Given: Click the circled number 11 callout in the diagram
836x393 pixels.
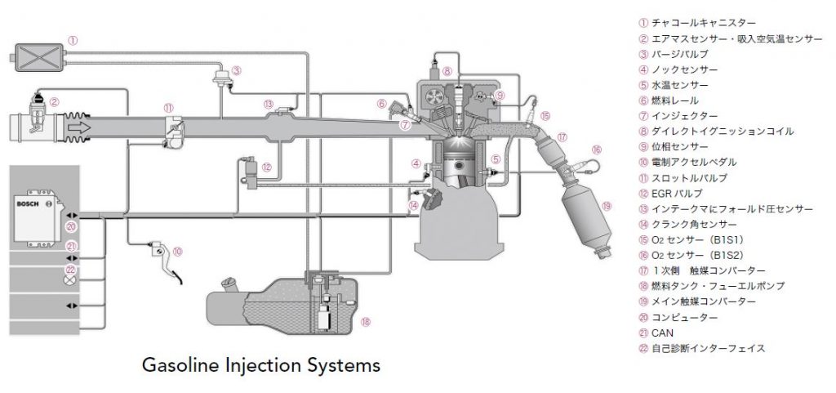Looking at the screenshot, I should (168, 106).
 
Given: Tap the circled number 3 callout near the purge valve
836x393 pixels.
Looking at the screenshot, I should (236, 70).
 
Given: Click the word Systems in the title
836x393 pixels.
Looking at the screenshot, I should (345, 364).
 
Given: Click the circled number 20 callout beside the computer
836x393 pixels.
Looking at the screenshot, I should (71, 227).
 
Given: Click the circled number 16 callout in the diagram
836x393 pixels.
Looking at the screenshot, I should (597, 150).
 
